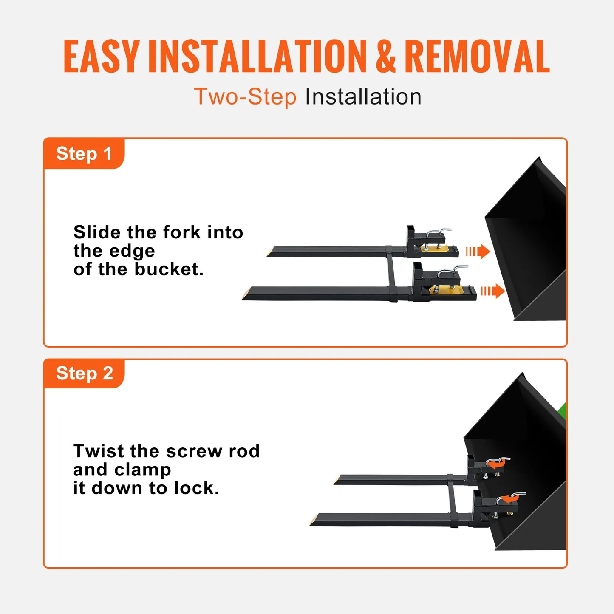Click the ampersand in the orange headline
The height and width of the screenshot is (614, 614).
385,57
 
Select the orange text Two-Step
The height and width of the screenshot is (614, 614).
245,97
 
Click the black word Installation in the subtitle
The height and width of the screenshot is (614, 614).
363,97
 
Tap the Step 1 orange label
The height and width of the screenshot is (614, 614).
84,153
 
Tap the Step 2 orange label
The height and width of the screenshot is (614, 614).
84,373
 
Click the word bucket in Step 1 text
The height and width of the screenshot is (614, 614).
169,269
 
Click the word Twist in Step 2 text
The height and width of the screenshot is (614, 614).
99,451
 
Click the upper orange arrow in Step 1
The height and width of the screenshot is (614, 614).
478,252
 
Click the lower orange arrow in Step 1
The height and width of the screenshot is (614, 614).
493,291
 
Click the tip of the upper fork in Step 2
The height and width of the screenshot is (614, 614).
338,481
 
